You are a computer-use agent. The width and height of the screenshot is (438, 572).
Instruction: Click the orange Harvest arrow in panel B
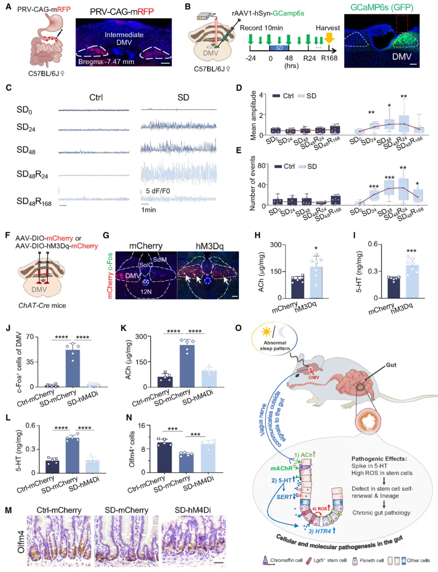(x=329, y=39)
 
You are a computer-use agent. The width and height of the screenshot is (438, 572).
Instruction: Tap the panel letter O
(x=238, y=328)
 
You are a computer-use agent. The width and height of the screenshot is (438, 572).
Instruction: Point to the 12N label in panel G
(x=146, y=291)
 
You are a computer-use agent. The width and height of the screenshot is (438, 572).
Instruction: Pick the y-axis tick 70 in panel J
(x=30, y=337)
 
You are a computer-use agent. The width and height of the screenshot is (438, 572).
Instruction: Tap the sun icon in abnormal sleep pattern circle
(x=266, y=332)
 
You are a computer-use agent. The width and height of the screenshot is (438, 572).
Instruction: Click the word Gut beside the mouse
(x=391, y=365)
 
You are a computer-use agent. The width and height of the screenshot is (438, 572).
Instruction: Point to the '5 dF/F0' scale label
(x=158, y=191)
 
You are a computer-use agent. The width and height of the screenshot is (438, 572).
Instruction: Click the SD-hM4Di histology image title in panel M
(x=193, y=510)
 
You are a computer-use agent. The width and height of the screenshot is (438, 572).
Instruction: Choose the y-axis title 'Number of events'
(x=252, y=183)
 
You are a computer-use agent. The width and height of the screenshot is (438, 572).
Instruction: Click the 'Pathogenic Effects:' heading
(x=379, y=458)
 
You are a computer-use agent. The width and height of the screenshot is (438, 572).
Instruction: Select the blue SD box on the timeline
(x=279, y=48)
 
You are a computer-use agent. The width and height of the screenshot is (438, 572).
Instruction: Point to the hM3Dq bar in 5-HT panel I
(x=412, y=281)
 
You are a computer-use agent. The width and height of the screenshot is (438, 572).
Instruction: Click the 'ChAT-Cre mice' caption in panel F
(x=42, y=305)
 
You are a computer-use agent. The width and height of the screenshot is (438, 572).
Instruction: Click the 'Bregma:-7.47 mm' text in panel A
(x=106, y=62)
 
